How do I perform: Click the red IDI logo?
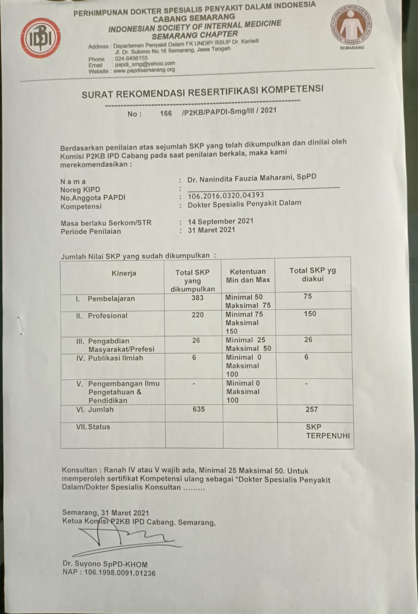coord(40,38)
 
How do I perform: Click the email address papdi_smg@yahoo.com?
coord(144,64)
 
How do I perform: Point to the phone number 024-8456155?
coord(131,58)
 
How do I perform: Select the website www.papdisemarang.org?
coord(144,70)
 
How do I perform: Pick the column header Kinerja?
coord(124,273)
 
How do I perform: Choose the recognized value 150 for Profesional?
coord(311,314)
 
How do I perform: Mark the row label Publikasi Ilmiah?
coord(115,358)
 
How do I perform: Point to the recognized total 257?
coord(311,410)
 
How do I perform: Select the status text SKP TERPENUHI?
coord(328,431)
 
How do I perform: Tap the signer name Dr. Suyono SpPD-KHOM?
coord(104,564)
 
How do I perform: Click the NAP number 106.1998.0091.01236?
coord(109,573)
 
